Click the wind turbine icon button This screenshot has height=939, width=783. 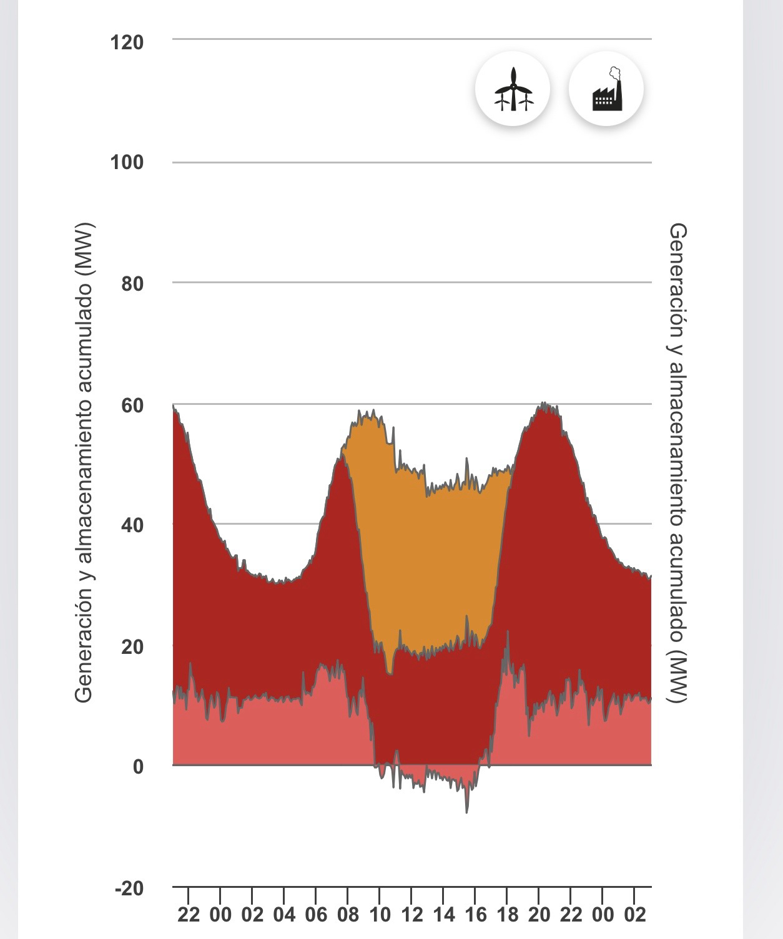tap(513, 89)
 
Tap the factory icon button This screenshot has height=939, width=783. tap(606, 89)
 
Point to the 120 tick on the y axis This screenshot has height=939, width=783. tap(127, 43)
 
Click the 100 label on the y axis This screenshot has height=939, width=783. tap(127, 163)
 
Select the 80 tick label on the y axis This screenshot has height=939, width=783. tap(132, 284)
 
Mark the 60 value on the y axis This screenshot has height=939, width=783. tap(132, 406)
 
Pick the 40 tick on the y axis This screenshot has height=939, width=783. tap(132, 525)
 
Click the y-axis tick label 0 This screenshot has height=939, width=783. tap(138, 767)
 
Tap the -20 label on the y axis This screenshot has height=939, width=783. tap(129, 888)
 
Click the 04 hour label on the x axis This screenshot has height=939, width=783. tap(284, 915)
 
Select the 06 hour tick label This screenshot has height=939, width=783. tap(316, 915)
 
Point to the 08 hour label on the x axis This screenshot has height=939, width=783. tap(348, 915)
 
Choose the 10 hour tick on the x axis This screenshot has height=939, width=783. tap(380, 915)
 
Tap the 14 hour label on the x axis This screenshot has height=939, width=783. tap(444, 915)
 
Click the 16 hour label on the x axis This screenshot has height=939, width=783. tap(476, 915)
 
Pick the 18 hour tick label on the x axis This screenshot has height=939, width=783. tap(508, 915)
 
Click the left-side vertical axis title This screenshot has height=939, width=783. tap(84, 462)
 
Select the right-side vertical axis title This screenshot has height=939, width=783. tap(678, 462)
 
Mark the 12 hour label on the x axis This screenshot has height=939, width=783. tap(411, 915)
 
